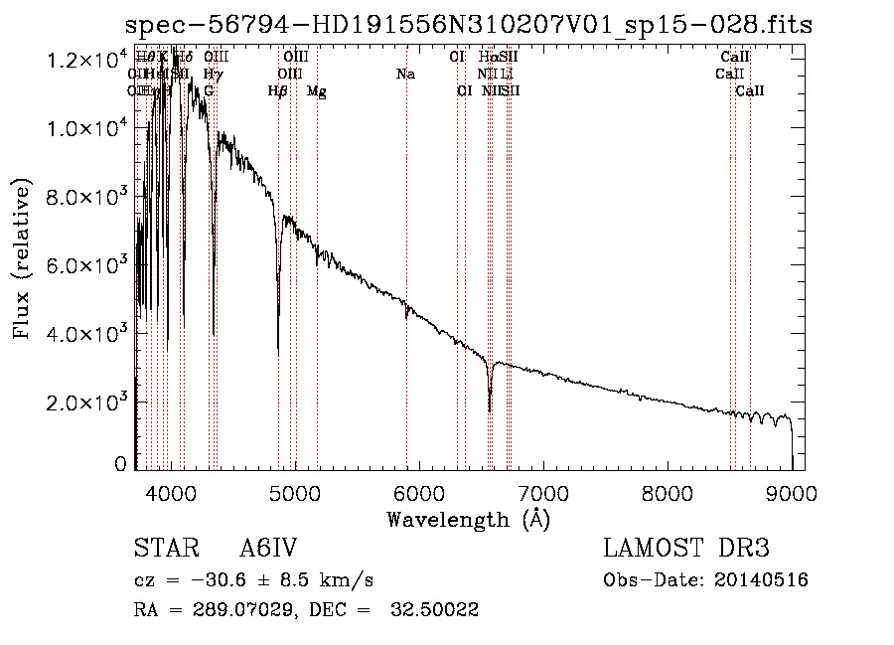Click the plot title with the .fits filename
coord(469,25)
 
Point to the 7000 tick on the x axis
coord(543,491)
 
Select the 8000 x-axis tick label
coord(668,491)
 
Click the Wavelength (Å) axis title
coord(468,519)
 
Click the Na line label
coord(405,75)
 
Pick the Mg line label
coord(317,91)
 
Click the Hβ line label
coord(278,91)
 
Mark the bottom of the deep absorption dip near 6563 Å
coord(490,409)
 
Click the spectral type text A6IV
coord(268,549)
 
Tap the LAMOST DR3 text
coord(686,549)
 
